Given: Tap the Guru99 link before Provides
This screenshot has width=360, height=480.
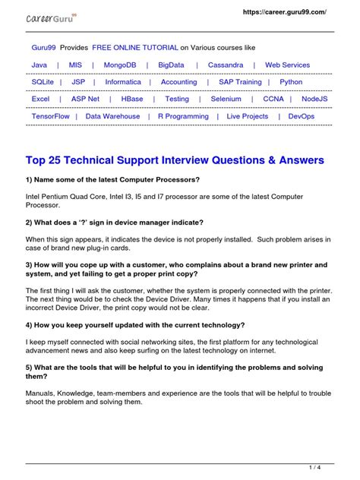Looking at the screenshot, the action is (x=43, y=47).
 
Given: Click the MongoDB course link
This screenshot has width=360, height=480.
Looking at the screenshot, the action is (x=120, y=65).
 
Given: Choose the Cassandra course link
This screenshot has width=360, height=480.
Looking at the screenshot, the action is (x=226, y=65).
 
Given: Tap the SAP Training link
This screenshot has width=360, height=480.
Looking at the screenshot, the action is (x=240, y=82).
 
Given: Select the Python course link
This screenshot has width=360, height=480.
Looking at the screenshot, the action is (x=291, y=82).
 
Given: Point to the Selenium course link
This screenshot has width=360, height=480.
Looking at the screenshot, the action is (x=226, y=99).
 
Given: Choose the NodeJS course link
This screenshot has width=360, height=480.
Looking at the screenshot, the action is (x=314, y=99).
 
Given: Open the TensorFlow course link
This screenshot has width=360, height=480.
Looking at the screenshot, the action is (x=50, y=116).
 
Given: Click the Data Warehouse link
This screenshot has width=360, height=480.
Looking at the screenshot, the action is (x=112, y=116).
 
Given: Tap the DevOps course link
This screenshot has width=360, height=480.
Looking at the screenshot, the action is (x=302, y=116).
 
